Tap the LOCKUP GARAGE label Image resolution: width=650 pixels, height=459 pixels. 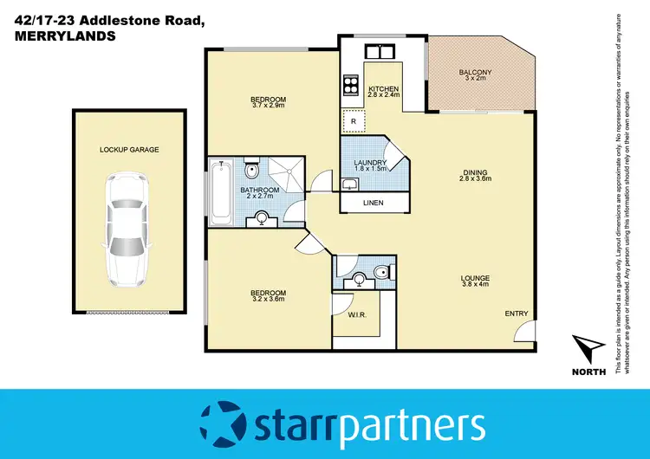(128, 150)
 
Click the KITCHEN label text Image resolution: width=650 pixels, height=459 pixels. (383, 89)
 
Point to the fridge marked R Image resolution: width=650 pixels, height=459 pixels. (354, 123)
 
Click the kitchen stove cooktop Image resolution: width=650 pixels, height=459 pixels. (353, 85)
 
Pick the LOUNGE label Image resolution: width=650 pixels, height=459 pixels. (476, 279)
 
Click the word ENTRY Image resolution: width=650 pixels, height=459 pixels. (517, 314)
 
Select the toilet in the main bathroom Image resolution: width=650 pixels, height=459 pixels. (250, 168)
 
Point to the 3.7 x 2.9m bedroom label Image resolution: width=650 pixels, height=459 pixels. (269, 100)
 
